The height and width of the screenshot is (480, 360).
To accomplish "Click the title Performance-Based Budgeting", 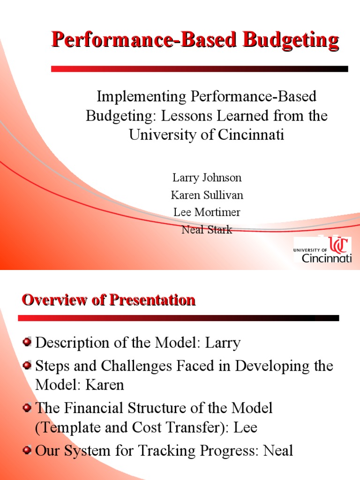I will click(195, 40).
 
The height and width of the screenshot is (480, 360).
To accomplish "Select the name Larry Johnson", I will click(207, 178).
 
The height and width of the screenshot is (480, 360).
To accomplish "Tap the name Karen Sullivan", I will click(207, 195).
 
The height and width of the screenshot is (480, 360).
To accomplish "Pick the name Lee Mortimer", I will click(207, 212).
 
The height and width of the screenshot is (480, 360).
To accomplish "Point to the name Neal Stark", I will click(207, 230).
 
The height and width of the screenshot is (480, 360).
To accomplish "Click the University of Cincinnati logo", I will click(322, 249).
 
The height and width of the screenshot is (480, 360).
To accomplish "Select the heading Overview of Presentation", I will click(108, 300).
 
